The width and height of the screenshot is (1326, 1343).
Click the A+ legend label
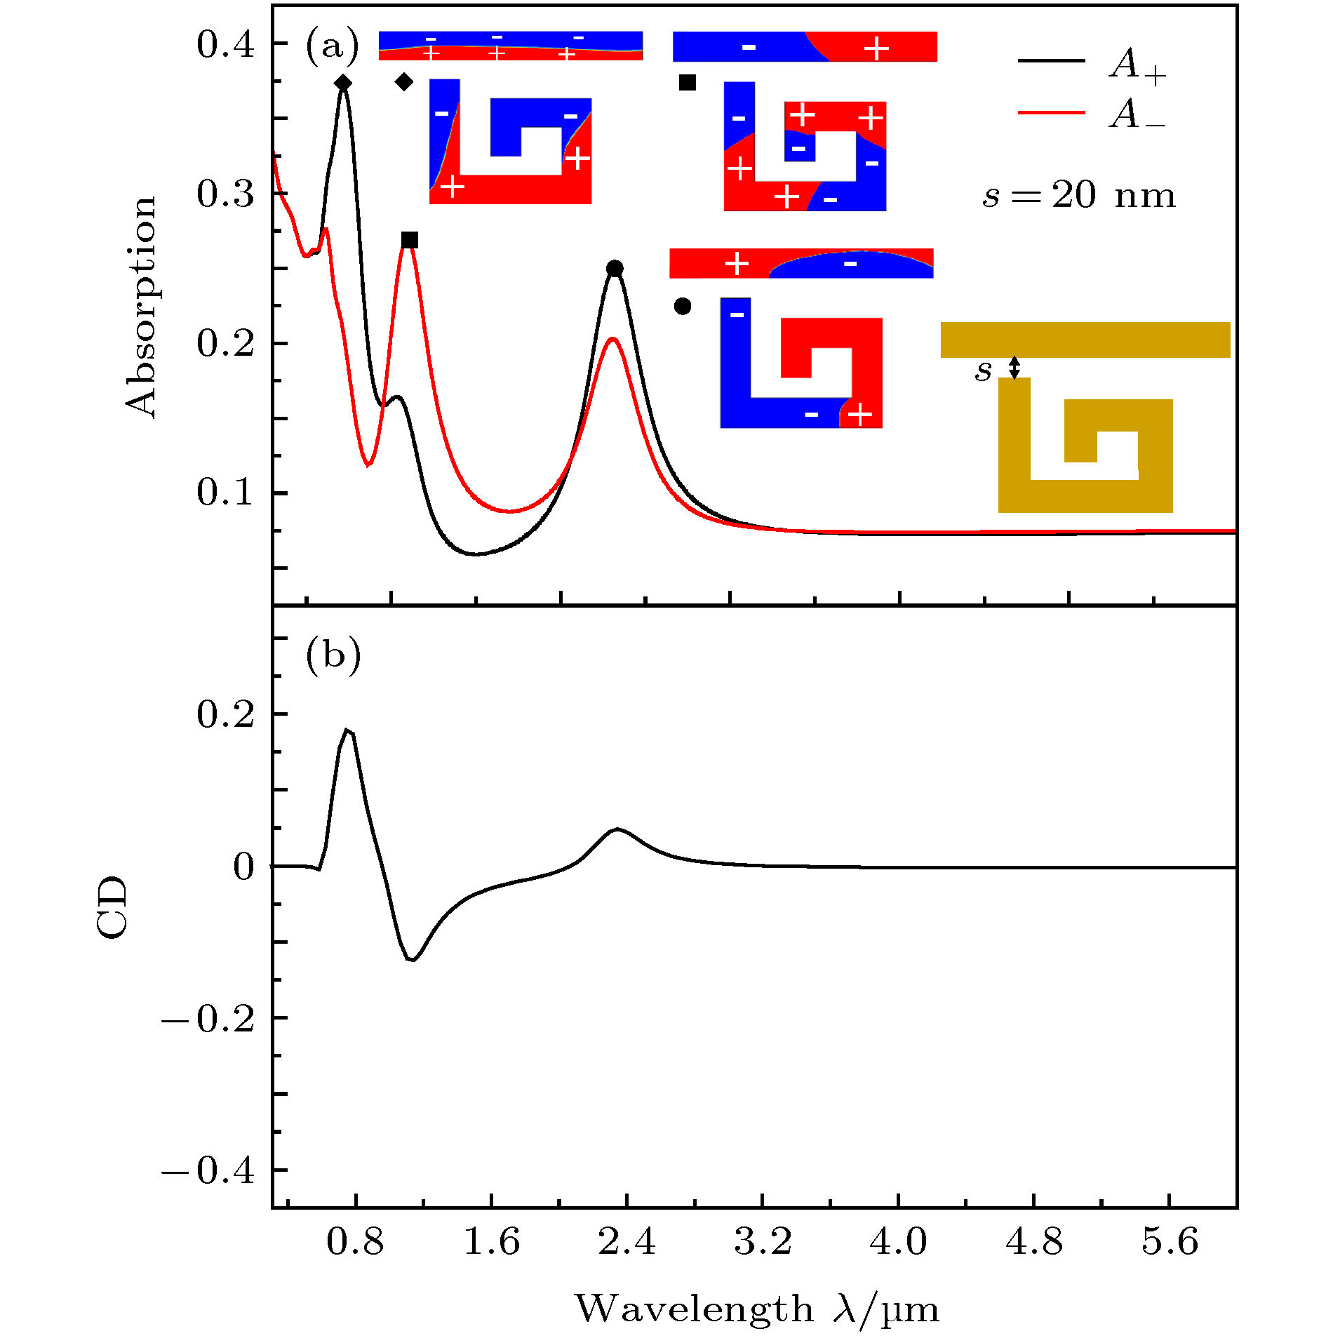click(x=1137, y=67)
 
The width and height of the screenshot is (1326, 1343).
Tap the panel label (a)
click(x=331, y=46)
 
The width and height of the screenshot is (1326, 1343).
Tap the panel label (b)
click(x=333, y=655)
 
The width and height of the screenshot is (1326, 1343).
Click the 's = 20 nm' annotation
click(x=1078, y=196)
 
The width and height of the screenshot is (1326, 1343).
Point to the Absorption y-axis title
click(x=141, y=307)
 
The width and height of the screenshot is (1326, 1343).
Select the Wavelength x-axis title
click(x=756, y=1308)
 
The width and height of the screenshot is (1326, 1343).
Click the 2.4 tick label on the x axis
click(x=627, y=1241)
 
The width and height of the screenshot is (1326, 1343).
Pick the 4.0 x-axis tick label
click(x=897, y=1241)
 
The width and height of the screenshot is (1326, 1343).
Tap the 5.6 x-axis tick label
click(x=1169, y=1241)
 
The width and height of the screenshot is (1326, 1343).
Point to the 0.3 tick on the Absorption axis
click(x=225, y=194)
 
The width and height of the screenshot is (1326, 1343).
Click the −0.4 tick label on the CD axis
click(x=208, y=1170)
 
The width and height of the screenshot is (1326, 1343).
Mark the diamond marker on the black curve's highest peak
click(x=343, y=83)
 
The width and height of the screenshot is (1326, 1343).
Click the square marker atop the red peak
click(x=410, y=241)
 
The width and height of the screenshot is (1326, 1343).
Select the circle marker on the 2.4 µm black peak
click(x=615, y=268)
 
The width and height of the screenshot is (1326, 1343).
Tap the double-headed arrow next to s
click(x=1014, y=367)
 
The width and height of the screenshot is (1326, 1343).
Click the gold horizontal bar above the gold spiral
click(x=1085, y=340)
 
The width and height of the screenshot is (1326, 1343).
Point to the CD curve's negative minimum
click(x=413, y=960)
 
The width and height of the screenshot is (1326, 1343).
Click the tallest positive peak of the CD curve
click(x=347, y=730)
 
